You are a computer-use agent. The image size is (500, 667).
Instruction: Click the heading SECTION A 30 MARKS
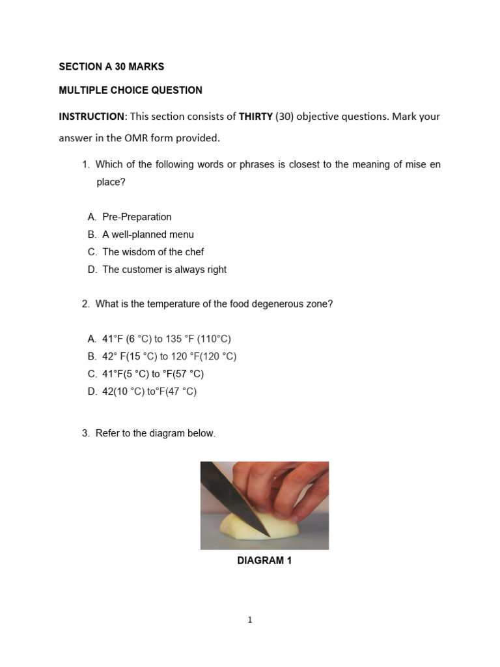click(x=111, y=66)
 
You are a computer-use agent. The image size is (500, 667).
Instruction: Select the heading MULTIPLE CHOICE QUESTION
click(x=130, y=91)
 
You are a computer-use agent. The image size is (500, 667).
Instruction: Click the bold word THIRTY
click(x=255, y=117)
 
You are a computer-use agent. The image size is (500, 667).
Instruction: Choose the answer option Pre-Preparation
click(x=137, y=217)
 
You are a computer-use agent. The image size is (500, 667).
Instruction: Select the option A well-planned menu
click(x=148, y=234)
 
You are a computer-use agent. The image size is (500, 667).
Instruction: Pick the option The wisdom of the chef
click(x=153, y=252)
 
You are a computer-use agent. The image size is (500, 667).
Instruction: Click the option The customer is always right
click(x=164, y=270)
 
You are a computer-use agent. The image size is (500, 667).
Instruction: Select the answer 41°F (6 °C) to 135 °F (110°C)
click(x=167, y=339)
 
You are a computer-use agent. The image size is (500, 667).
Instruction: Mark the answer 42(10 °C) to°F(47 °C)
click(x=149, y=391)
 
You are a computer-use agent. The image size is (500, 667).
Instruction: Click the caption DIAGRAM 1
click(x=264, y=561)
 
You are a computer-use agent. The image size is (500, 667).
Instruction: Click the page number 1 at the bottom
click(x=250, y=620)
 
